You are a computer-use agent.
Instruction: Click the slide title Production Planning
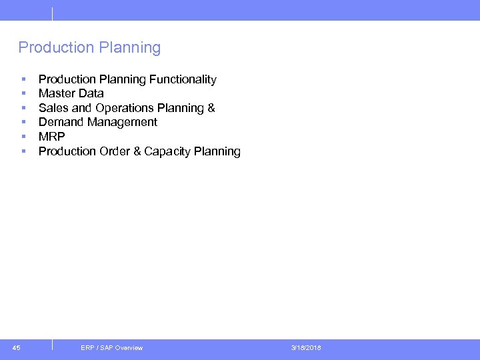point(89,48)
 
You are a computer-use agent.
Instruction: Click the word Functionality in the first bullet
point(183,79)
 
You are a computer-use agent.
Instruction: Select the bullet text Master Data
point(71,93)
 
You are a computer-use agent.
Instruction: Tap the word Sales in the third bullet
point(53,108)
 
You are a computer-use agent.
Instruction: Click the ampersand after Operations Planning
point(211,108)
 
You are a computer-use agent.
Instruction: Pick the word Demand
point(59,122)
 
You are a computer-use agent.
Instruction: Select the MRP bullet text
point(51,137)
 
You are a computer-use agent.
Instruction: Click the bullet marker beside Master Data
point(23,94)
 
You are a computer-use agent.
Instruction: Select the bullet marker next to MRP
point(23,137)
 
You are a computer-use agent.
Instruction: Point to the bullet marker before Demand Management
point(23,123)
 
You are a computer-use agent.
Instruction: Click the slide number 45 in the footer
point(17,347)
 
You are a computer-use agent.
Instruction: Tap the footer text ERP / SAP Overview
point(111,348)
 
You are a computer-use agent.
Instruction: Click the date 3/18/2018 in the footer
point(306,348)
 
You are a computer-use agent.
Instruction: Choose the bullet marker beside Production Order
point(23,152)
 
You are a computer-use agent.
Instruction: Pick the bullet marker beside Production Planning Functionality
point(23,80)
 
